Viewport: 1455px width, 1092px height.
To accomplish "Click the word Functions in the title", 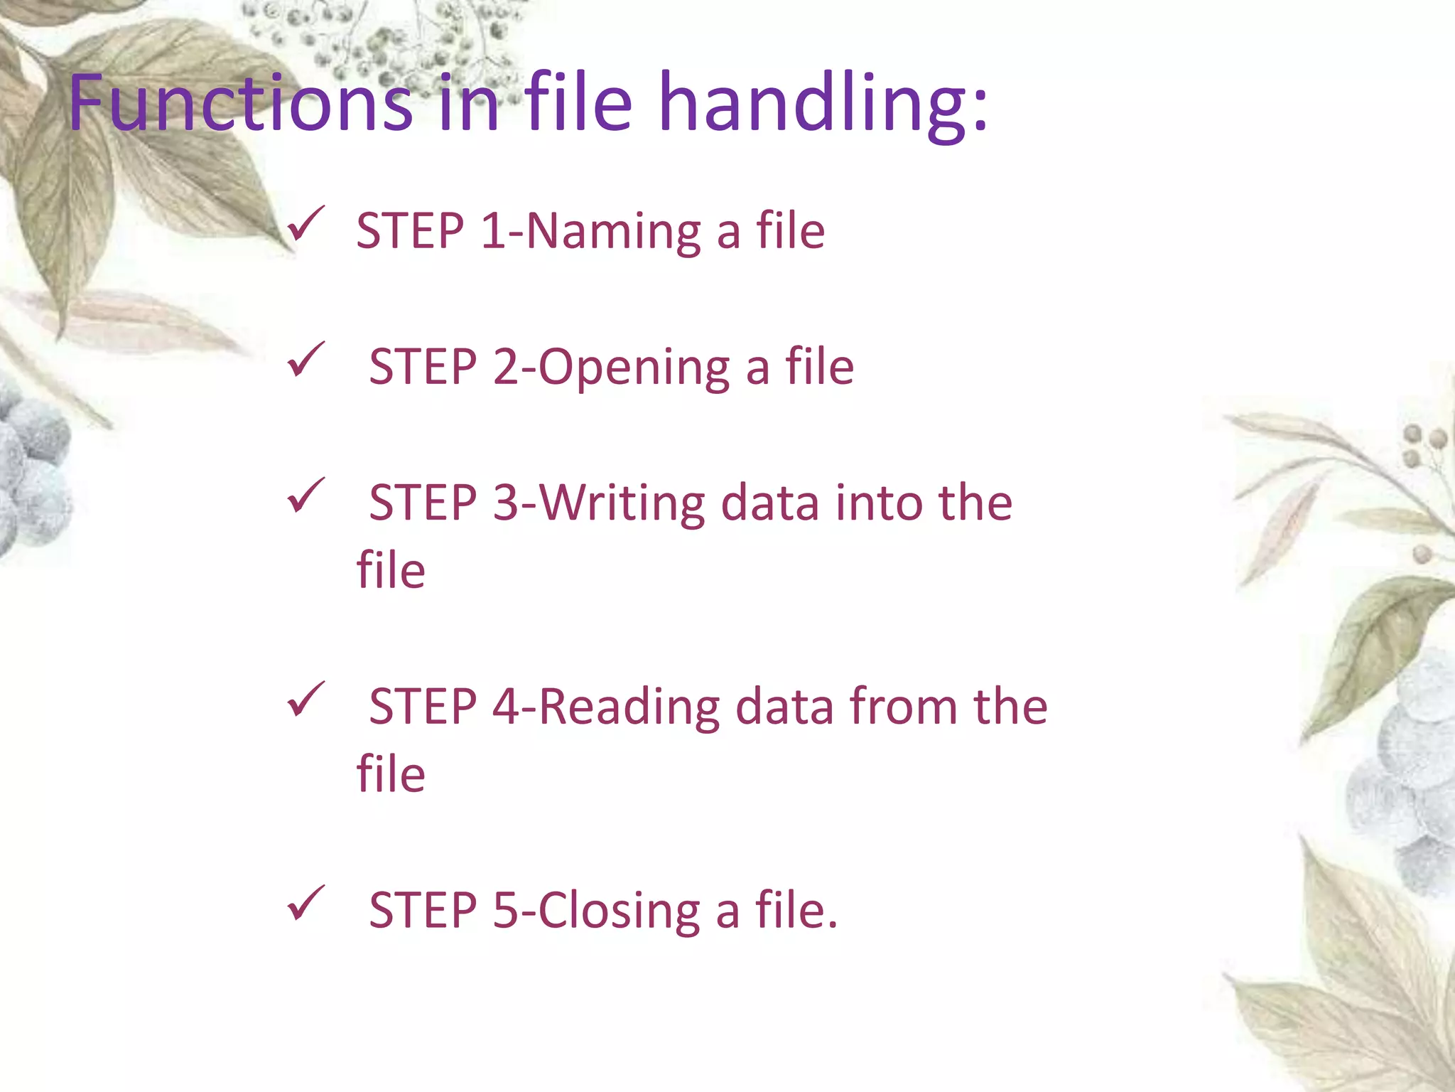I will (240, 104).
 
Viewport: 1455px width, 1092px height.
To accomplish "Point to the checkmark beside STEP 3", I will (306, 496).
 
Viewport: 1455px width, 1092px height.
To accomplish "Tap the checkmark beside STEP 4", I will (306, 700).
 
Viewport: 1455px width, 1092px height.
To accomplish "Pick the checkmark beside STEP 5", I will (306, 904).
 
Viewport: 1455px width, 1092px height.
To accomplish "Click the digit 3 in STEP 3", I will (506, 503).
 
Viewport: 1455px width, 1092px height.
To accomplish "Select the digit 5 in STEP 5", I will (506, 911).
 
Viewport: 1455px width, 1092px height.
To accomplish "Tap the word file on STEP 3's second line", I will (391, 570).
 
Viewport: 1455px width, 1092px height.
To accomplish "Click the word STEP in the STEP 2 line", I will (423, 369).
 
